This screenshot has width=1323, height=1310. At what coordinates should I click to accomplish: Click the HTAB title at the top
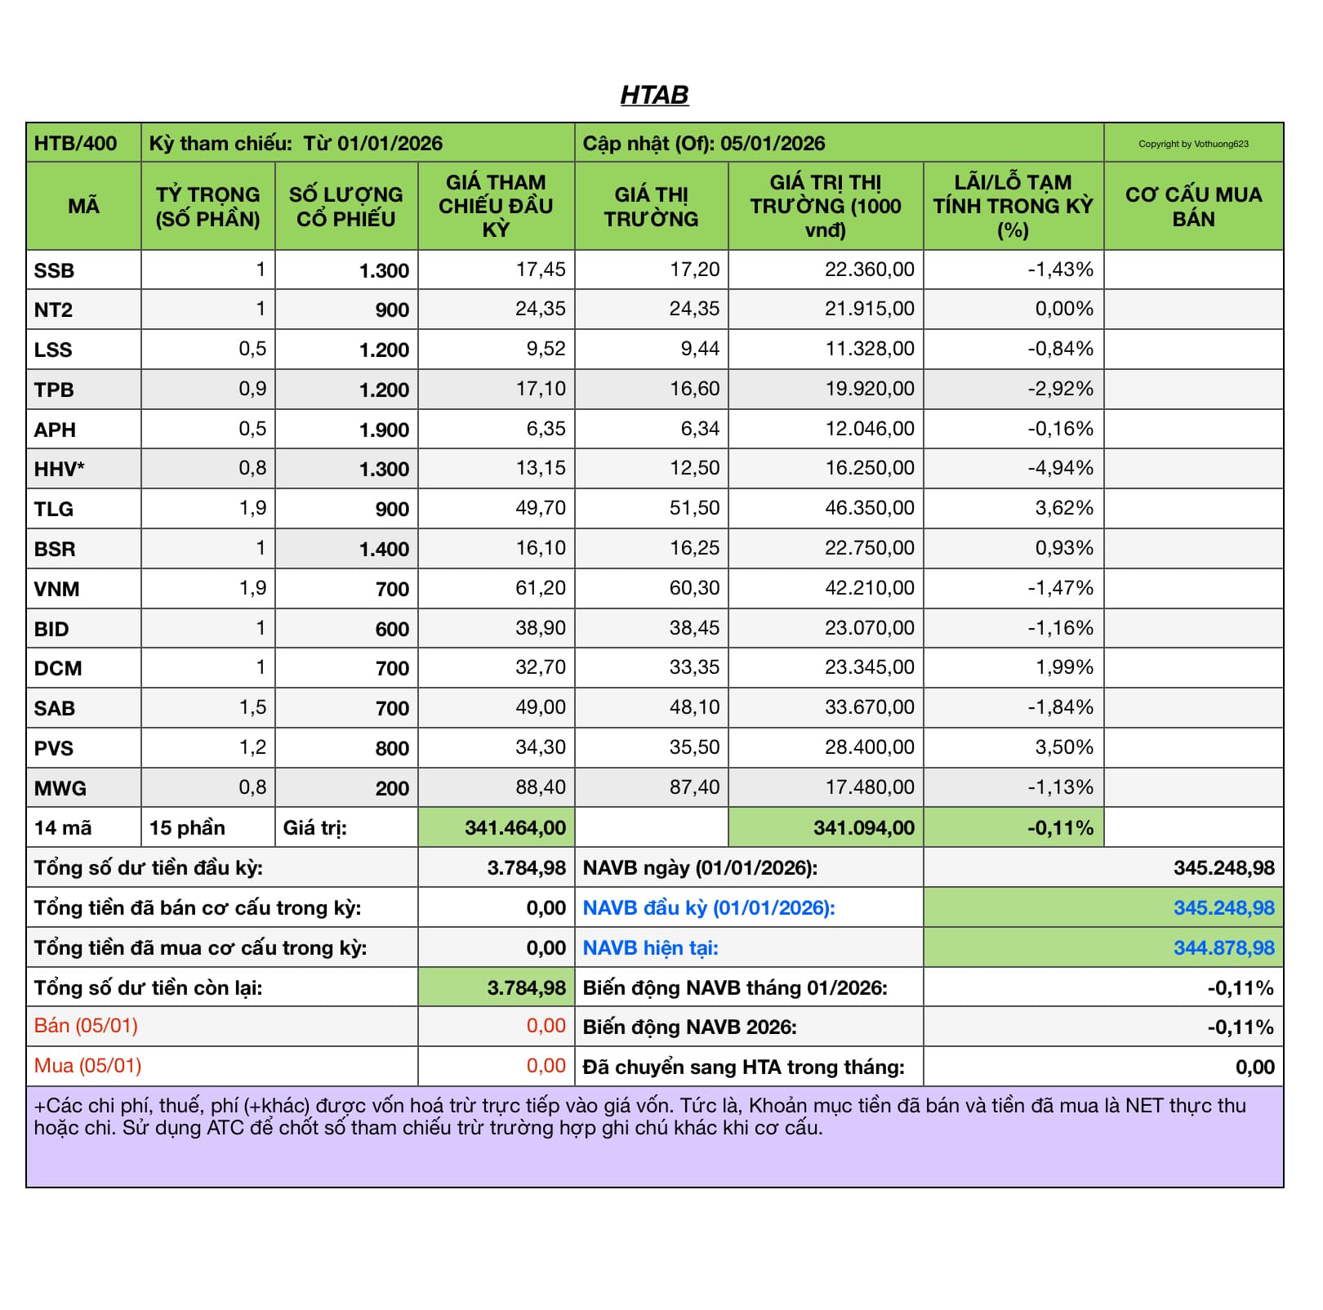[654, 96]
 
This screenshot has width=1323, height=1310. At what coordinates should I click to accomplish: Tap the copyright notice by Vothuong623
[1193, 144]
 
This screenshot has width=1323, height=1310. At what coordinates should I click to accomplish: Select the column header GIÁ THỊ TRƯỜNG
[651, 207]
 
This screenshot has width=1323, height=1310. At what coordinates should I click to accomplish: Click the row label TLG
[54, 509]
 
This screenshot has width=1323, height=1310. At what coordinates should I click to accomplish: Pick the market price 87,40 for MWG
[694, 787]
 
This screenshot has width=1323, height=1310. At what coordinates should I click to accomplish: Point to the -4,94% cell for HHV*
[1060, 468]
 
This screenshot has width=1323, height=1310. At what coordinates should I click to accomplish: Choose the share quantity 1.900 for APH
[384, 430]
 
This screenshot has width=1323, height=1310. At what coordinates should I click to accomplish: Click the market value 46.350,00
[869, 508]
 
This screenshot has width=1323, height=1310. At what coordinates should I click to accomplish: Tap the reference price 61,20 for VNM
[540, 588]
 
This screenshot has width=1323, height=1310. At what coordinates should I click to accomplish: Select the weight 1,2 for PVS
[252, 747]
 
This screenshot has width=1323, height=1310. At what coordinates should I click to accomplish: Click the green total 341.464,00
[515, 828]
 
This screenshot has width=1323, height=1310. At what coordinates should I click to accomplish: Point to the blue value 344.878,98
[1223, 948]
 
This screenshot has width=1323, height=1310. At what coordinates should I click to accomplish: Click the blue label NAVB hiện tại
[650, 948]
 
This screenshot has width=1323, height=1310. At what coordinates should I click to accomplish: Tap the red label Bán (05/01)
[86, 1026]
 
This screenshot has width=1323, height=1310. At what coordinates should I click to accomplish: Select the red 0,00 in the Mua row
[546, 1066]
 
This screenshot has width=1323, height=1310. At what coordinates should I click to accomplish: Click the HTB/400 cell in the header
[75, 144]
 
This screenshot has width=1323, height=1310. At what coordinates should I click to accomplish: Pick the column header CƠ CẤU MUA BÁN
[1193, 207]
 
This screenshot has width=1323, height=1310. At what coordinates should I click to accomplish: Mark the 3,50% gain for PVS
[1064, 747]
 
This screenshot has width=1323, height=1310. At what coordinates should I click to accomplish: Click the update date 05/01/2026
[773, 144]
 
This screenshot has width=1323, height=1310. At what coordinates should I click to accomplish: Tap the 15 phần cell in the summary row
[187, 828]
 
